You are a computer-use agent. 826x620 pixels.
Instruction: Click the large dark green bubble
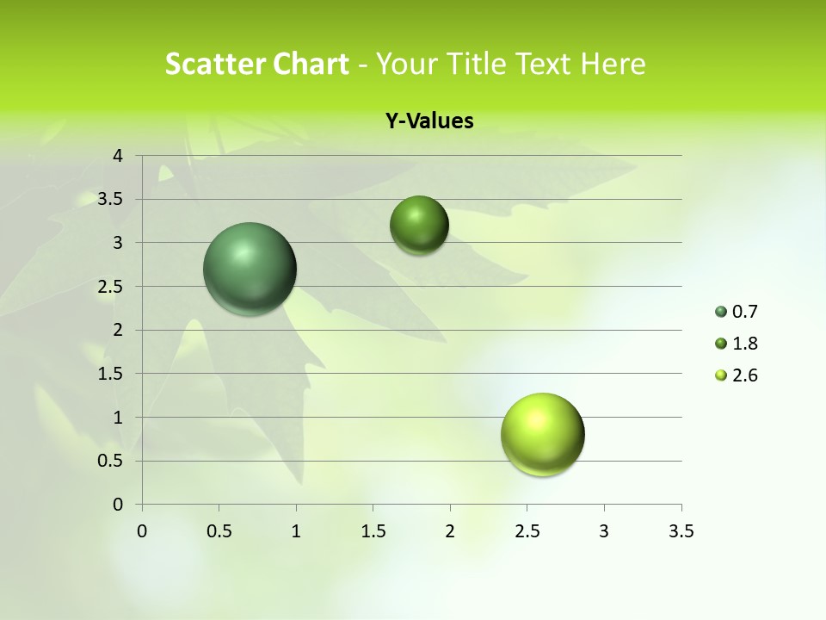coord(250,269)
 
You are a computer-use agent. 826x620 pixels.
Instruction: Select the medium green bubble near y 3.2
coord(419,225)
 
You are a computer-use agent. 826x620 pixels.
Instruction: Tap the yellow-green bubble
coord(543,434)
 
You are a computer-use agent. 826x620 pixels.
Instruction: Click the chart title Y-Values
coord(429,121)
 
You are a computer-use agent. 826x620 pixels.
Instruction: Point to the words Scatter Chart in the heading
coord(256,64)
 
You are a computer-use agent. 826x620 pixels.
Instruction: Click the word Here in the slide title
coord(613,64)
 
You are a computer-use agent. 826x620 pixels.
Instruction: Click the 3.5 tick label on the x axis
coord(681,531)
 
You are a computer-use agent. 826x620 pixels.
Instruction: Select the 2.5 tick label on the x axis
coord(527,531)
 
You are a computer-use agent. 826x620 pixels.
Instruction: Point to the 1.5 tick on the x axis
coord(373,531)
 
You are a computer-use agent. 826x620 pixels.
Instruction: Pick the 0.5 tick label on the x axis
coord(219,531)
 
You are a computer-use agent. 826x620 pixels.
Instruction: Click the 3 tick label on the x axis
coord(604,531)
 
